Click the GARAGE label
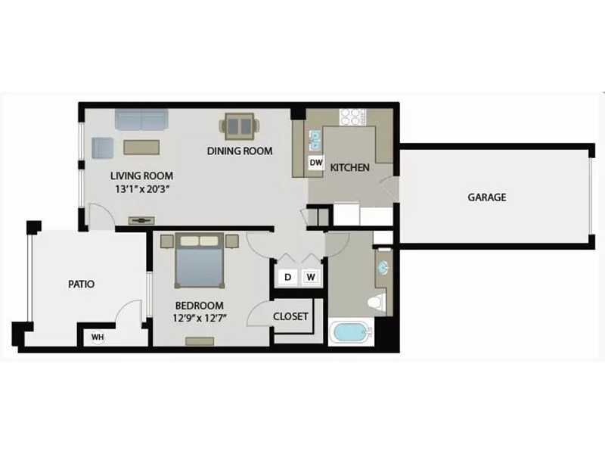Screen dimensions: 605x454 click(487, 197)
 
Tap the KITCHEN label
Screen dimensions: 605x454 click(350, 167)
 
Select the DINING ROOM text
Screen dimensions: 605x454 click(240, 151)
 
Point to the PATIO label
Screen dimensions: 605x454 click(82, 285)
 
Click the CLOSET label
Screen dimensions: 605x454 click(290, 316)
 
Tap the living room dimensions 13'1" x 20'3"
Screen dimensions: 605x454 click(143, 190)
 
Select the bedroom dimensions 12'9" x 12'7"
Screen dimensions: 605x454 click(199, 319)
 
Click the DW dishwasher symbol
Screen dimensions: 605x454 click(316, 163)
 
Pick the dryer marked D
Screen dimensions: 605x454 click(287, 277)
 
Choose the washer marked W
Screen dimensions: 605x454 click(311, 277)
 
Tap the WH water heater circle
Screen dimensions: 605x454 click(98, 337)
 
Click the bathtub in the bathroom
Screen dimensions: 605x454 click(351, 332)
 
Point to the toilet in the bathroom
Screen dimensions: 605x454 click(377, 301)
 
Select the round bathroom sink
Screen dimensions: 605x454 click(383, 267)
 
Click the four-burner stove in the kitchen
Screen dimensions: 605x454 click(352, 117)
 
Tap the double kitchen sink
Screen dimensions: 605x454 click(315, 140)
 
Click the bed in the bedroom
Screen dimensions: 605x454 click(200, 260)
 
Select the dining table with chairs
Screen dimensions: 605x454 click(239, 126)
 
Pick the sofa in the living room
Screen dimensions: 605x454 click(141, 120)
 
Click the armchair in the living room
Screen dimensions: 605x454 click(103, 148)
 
